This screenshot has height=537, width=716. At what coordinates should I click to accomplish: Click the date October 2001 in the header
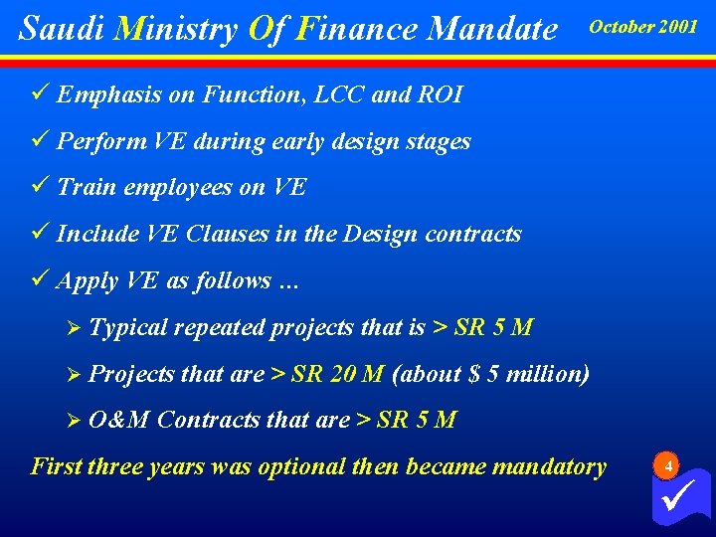pyautogui.click(x=643, y=27)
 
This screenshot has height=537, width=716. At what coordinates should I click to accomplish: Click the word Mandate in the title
pyautogui.click(x=492, y=29)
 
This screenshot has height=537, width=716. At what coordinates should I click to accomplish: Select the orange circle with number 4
pyautogui.click(x=669, y=465)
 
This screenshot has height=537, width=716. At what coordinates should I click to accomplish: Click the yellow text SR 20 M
pyautogui.click(x=337, y=374)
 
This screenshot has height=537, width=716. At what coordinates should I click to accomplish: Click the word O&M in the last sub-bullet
pyautogui.click(x=118, y=420)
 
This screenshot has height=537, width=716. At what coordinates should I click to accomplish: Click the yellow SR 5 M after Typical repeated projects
pyautogui.click(x=493, y=327)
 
